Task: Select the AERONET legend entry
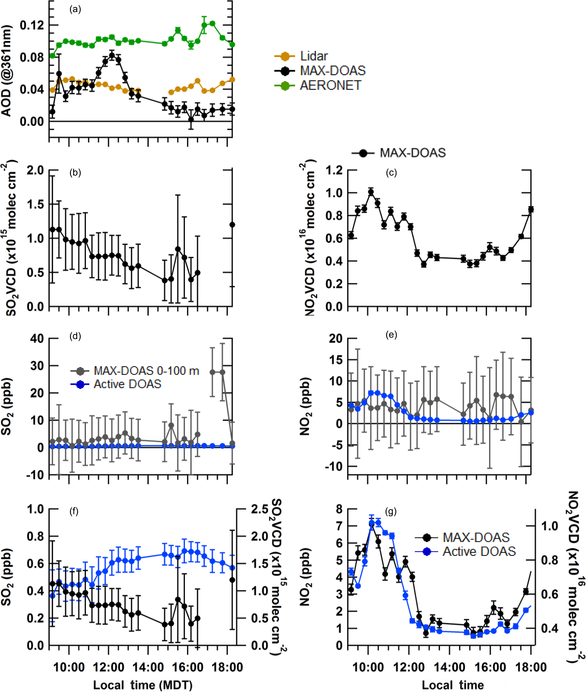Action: pyautogui.click(x=330, y=85)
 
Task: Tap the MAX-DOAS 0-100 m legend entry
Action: pyautogui.click(x=146, y=371)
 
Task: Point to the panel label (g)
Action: pyautogui.click(x=391, y=512)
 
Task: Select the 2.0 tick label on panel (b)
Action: pyautogui.click(x=35, y=170)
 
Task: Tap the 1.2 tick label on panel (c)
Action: pyautogui.click(x=334, y=170)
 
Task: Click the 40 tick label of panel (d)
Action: pyautogui.click(x=37, y=338)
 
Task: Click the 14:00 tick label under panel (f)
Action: pyautogui.click(x=148, y=667)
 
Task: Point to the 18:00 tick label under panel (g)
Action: pyautogui.click(x=531, y=667)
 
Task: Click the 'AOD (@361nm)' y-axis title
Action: pyautogui.click(x=7, y=70)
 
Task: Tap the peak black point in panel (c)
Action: pyautogui.click(x=371, y=192)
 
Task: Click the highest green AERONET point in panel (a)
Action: pyautogui.click(x=212, y=23)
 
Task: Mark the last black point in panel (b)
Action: pyautogui.click(x=232, y=225)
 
